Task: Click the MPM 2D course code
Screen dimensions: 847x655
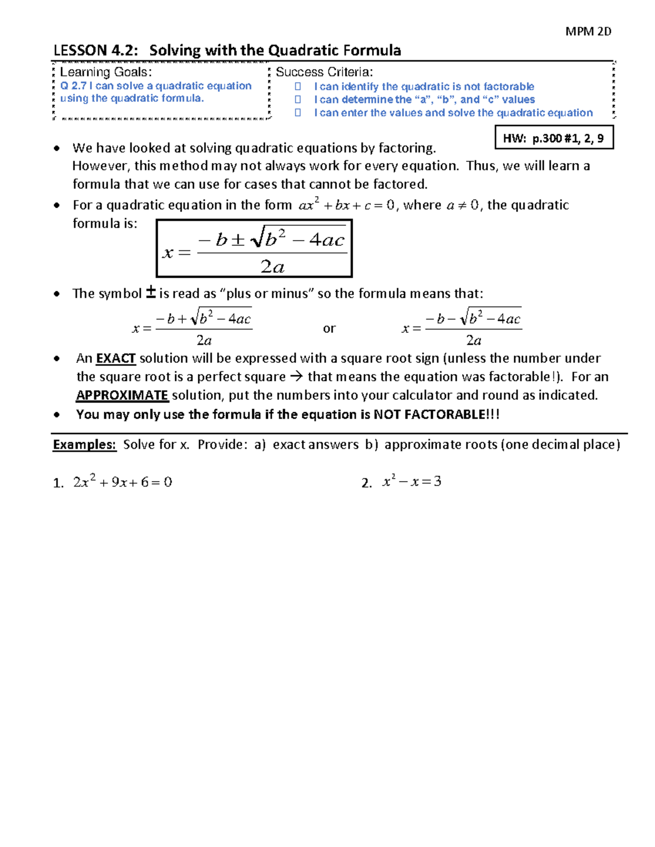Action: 588,32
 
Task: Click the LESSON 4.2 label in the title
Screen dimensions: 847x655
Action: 96,51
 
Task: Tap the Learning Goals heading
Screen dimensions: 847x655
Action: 105,72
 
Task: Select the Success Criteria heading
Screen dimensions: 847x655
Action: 324,72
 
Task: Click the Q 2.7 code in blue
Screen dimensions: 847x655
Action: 73,86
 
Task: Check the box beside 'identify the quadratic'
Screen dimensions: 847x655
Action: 298,86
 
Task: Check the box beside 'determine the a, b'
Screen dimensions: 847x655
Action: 298,99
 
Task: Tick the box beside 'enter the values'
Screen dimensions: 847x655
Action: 298,112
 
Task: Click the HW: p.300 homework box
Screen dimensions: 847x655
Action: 553,138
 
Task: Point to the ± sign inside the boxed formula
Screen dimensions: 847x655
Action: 238,240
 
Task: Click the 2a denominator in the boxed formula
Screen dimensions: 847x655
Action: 272,266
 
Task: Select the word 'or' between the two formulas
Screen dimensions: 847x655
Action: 329,329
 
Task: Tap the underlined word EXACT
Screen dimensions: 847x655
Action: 116,358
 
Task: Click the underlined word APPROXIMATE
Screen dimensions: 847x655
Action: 122,395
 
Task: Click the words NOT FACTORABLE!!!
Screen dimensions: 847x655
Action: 437,415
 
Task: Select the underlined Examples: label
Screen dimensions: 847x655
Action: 85,444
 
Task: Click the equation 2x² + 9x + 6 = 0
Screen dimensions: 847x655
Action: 123,482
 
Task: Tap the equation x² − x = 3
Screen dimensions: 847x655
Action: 412,482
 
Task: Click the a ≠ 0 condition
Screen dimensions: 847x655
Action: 462,205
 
